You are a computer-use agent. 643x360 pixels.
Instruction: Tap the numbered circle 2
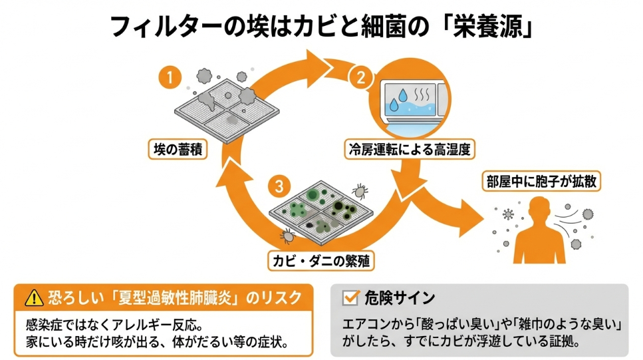point(360,77)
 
